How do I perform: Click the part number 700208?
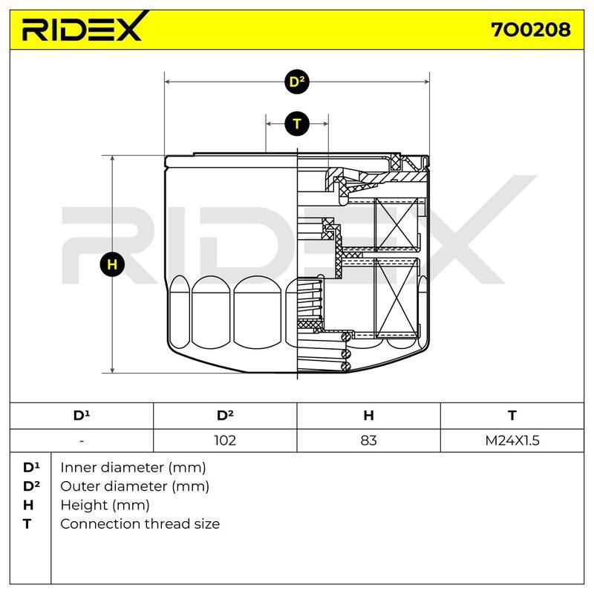point(531,30)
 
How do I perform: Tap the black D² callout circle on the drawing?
point(297,82)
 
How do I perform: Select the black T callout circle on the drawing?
point(297,124)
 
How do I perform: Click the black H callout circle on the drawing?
point(112,264)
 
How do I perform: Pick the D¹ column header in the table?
point(82,415)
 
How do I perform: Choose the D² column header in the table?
point(225,415)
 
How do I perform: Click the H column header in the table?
point(368,416)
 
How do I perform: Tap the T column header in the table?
point(512,416)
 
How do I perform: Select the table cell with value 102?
point(225,440)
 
